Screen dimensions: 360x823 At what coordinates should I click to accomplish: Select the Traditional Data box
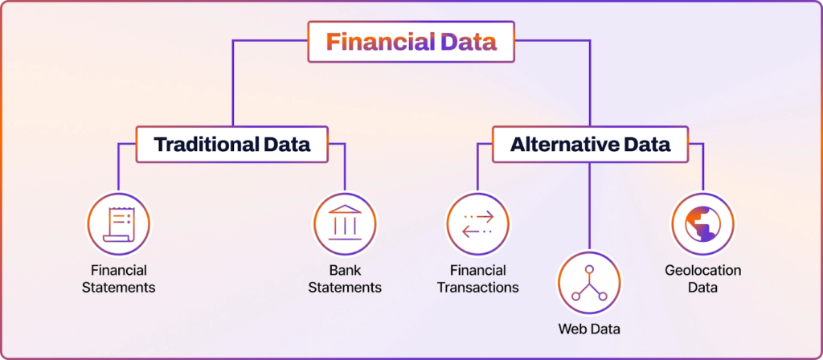pyautogui.click(x=231, y=145)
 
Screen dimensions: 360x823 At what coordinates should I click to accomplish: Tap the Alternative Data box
pyautogui.click(x=589, y=145)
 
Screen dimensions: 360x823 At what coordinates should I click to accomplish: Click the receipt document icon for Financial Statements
pyautogui.click(x=118, y=222)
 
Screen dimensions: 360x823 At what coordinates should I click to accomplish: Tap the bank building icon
pyautogui.click(x=345, y=222)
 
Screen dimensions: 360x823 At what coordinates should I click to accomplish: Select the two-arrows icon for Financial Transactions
pyautogui.click(x=477, y=222)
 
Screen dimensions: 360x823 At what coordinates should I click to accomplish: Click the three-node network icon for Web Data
pyautogui.click(x=589, y=283)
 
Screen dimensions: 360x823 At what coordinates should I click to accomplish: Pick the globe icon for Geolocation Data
pyautogui.click(x=703, y=222)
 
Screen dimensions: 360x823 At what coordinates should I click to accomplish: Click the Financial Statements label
pyautogui.click(x=118, y=278)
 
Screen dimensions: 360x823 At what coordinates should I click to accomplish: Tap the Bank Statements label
pyautogui.click(x=345, y=278)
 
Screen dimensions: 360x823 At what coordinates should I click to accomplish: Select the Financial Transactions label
pyautogui.click(x=477, y=278)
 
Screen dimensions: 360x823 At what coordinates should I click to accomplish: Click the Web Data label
pyautogui.click(x=589, y=329)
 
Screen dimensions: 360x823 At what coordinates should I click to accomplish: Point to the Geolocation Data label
pyautogui.click(x=703, y=278)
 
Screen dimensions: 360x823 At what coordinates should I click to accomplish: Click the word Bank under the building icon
pyautogui.click(x=345, y=270)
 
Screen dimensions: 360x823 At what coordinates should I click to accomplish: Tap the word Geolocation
pyautogui.click(x=703, y=270)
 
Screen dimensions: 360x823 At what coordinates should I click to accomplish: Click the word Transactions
pyautogui.click(x=477, y=287)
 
